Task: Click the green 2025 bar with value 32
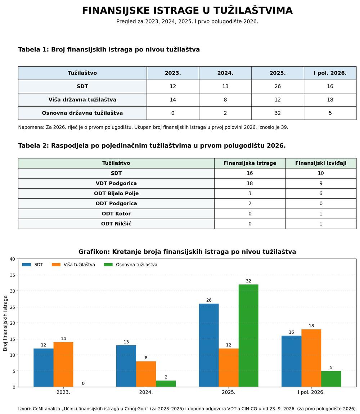[x=248, y=336]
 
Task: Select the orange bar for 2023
[x=63, y=365]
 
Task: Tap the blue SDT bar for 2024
[x=126, y=366]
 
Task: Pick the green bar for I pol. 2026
[x=331, y=379]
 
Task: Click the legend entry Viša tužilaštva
[x=73, y=265]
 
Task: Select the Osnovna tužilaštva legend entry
[x=130, y=265]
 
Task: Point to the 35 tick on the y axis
[x=12, y=275]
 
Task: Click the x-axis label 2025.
[x=229, y=392]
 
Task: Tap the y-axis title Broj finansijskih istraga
[x=5, y=323]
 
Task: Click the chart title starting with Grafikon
[x=187, y=252]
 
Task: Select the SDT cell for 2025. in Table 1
[x=278, y=86]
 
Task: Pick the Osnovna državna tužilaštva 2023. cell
[x=173, y=113]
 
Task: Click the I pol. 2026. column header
[x=330, y=73]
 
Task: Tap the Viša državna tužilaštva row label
[x=82, y=100]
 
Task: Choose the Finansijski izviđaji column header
[x=321, y=163]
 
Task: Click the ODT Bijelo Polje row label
[x=116, y=194]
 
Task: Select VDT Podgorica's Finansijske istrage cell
[x=250, y=184]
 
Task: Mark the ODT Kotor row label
[x=116, y=213]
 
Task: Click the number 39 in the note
[x=284, y=127]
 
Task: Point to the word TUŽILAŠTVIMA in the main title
[x=253, y=10]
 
